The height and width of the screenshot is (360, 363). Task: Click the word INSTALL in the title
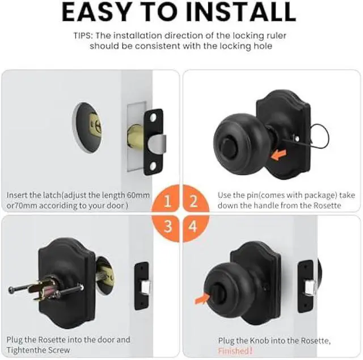tap(244, 12)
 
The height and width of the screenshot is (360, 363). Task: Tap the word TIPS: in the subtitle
tap(86, 35)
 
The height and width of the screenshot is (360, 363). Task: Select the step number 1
tap(167, 200)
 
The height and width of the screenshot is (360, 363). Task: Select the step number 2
tap(193, 200)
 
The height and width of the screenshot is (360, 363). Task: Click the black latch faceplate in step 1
tap(153, 141)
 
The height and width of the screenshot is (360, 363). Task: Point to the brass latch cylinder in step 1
tap(136, 137)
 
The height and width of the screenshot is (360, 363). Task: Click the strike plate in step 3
tap(142, 285)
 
